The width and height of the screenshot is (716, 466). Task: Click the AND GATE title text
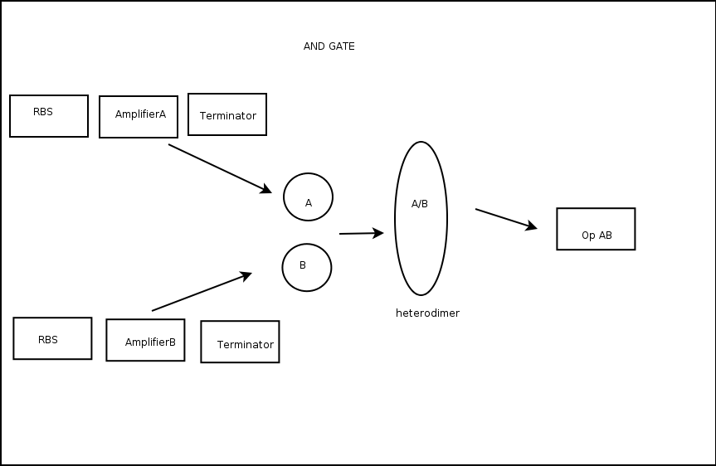coord(329,46)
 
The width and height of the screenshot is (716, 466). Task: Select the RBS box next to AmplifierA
coord(49,116)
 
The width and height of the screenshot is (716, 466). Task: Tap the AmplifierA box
coord(139,117)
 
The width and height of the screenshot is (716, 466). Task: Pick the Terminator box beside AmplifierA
coord(227,114)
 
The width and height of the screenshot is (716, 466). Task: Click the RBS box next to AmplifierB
coord(52,338)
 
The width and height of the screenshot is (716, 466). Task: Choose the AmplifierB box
coord(145,340)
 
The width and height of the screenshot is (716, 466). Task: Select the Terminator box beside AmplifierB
coord(240,342)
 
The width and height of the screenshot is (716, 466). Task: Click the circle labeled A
coord(308,197)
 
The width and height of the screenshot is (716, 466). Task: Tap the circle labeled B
coord(306,268)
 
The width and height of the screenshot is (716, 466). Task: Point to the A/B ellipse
coord(421,240)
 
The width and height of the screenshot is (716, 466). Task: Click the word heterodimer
coord(427,313)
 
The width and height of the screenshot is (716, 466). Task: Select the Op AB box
coord(596,229)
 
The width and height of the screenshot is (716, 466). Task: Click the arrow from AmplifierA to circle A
coord(219,168)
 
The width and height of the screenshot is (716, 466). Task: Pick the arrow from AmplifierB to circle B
coord(201,292)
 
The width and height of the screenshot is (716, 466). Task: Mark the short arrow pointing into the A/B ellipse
coord(361,234)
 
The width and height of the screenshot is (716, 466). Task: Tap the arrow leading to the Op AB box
coord(505,219)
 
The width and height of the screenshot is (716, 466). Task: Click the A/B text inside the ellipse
coord(420,204)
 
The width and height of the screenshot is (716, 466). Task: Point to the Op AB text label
coord(597,235)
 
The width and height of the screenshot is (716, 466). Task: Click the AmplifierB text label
coord(150,342)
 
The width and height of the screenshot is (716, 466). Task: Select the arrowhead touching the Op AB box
coord(532,226)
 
